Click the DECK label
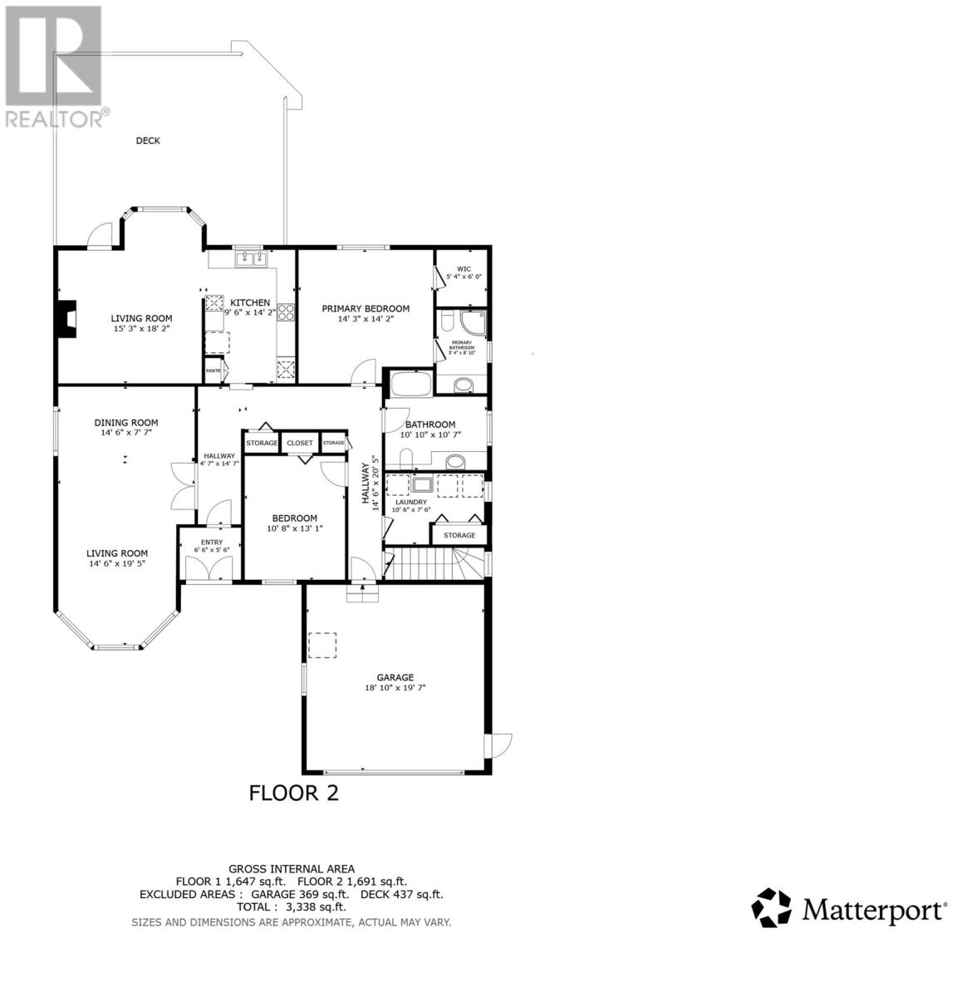coord(148,140)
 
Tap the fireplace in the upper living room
coord(65,317)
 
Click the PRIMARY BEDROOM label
coord(366,308)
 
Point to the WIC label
coord(464,269)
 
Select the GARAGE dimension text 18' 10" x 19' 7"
coord(395,687)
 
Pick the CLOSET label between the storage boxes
coord(300,443)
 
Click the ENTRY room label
coord(208,543)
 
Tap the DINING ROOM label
coord(125,422)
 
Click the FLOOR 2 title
coord(294,793)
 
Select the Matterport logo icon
coord(772,907)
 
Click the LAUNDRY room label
coord(411,502)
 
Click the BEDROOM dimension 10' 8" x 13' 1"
coord(292,528)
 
